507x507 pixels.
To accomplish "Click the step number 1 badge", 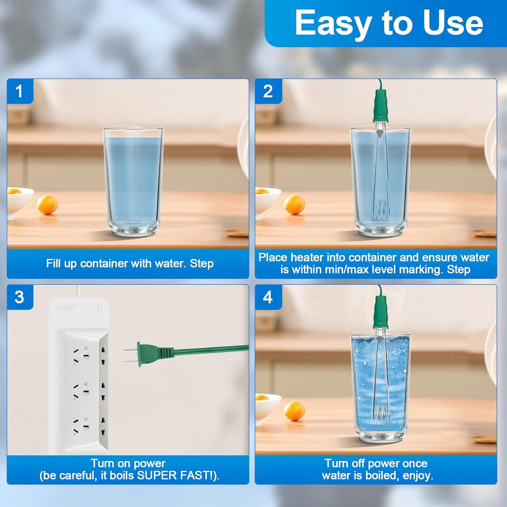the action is pos(20,91).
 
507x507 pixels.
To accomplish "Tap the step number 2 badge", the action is pos(268,91).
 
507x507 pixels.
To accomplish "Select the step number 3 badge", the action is pos(20,297).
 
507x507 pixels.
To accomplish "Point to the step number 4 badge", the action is pos(268,297).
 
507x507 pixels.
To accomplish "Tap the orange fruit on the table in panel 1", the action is pos(47,205).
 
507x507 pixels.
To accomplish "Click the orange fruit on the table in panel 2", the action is pos(294,205).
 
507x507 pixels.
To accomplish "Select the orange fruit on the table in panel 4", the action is pos(294,411).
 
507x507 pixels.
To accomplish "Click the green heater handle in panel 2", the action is pos(381,105).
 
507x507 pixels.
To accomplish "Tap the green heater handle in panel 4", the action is pos(381,311).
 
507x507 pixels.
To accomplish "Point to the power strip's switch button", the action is pos(97,311).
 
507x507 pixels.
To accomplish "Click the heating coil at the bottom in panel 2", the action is pos(381,211).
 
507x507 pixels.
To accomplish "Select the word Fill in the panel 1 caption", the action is pos(53,263).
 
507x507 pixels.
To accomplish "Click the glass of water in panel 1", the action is pos(133,181).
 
